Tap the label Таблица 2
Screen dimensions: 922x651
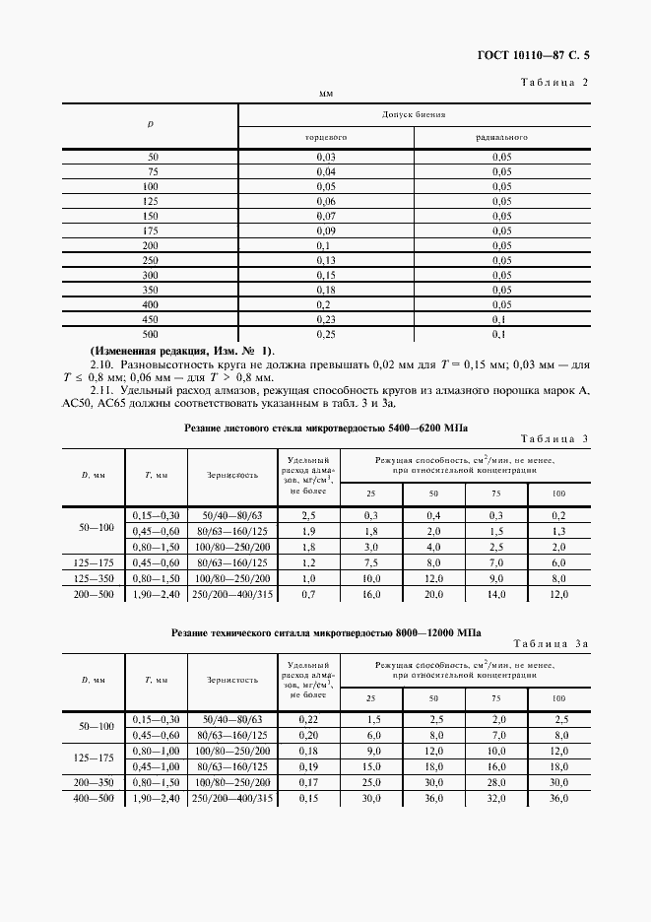click(x=553, y=82)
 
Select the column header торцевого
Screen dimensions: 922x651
click(x=325, y=137)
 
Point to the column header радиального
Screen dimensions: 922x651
click(x=501, y=137)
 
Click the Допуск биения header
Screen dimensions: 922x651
click(x=414, y=114)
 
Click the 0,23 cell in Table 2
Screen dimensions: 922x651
click(x=325, y=318)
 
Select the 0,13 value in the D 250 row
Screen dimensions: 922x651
click(x=325, y=259)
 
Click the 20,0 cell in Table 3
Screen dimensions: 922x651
click(x=433, y=595)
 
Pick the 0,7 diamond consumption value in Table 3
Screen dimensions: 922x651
click(x=308, y=595)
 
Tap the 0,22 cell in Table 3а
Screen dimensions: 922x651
click(x=308, y=720)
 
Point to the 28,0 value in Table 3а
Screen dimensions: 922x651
click(x=497, y=781)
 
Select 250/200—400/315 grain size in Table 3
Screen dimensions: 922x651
click(x=232, y=595)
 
